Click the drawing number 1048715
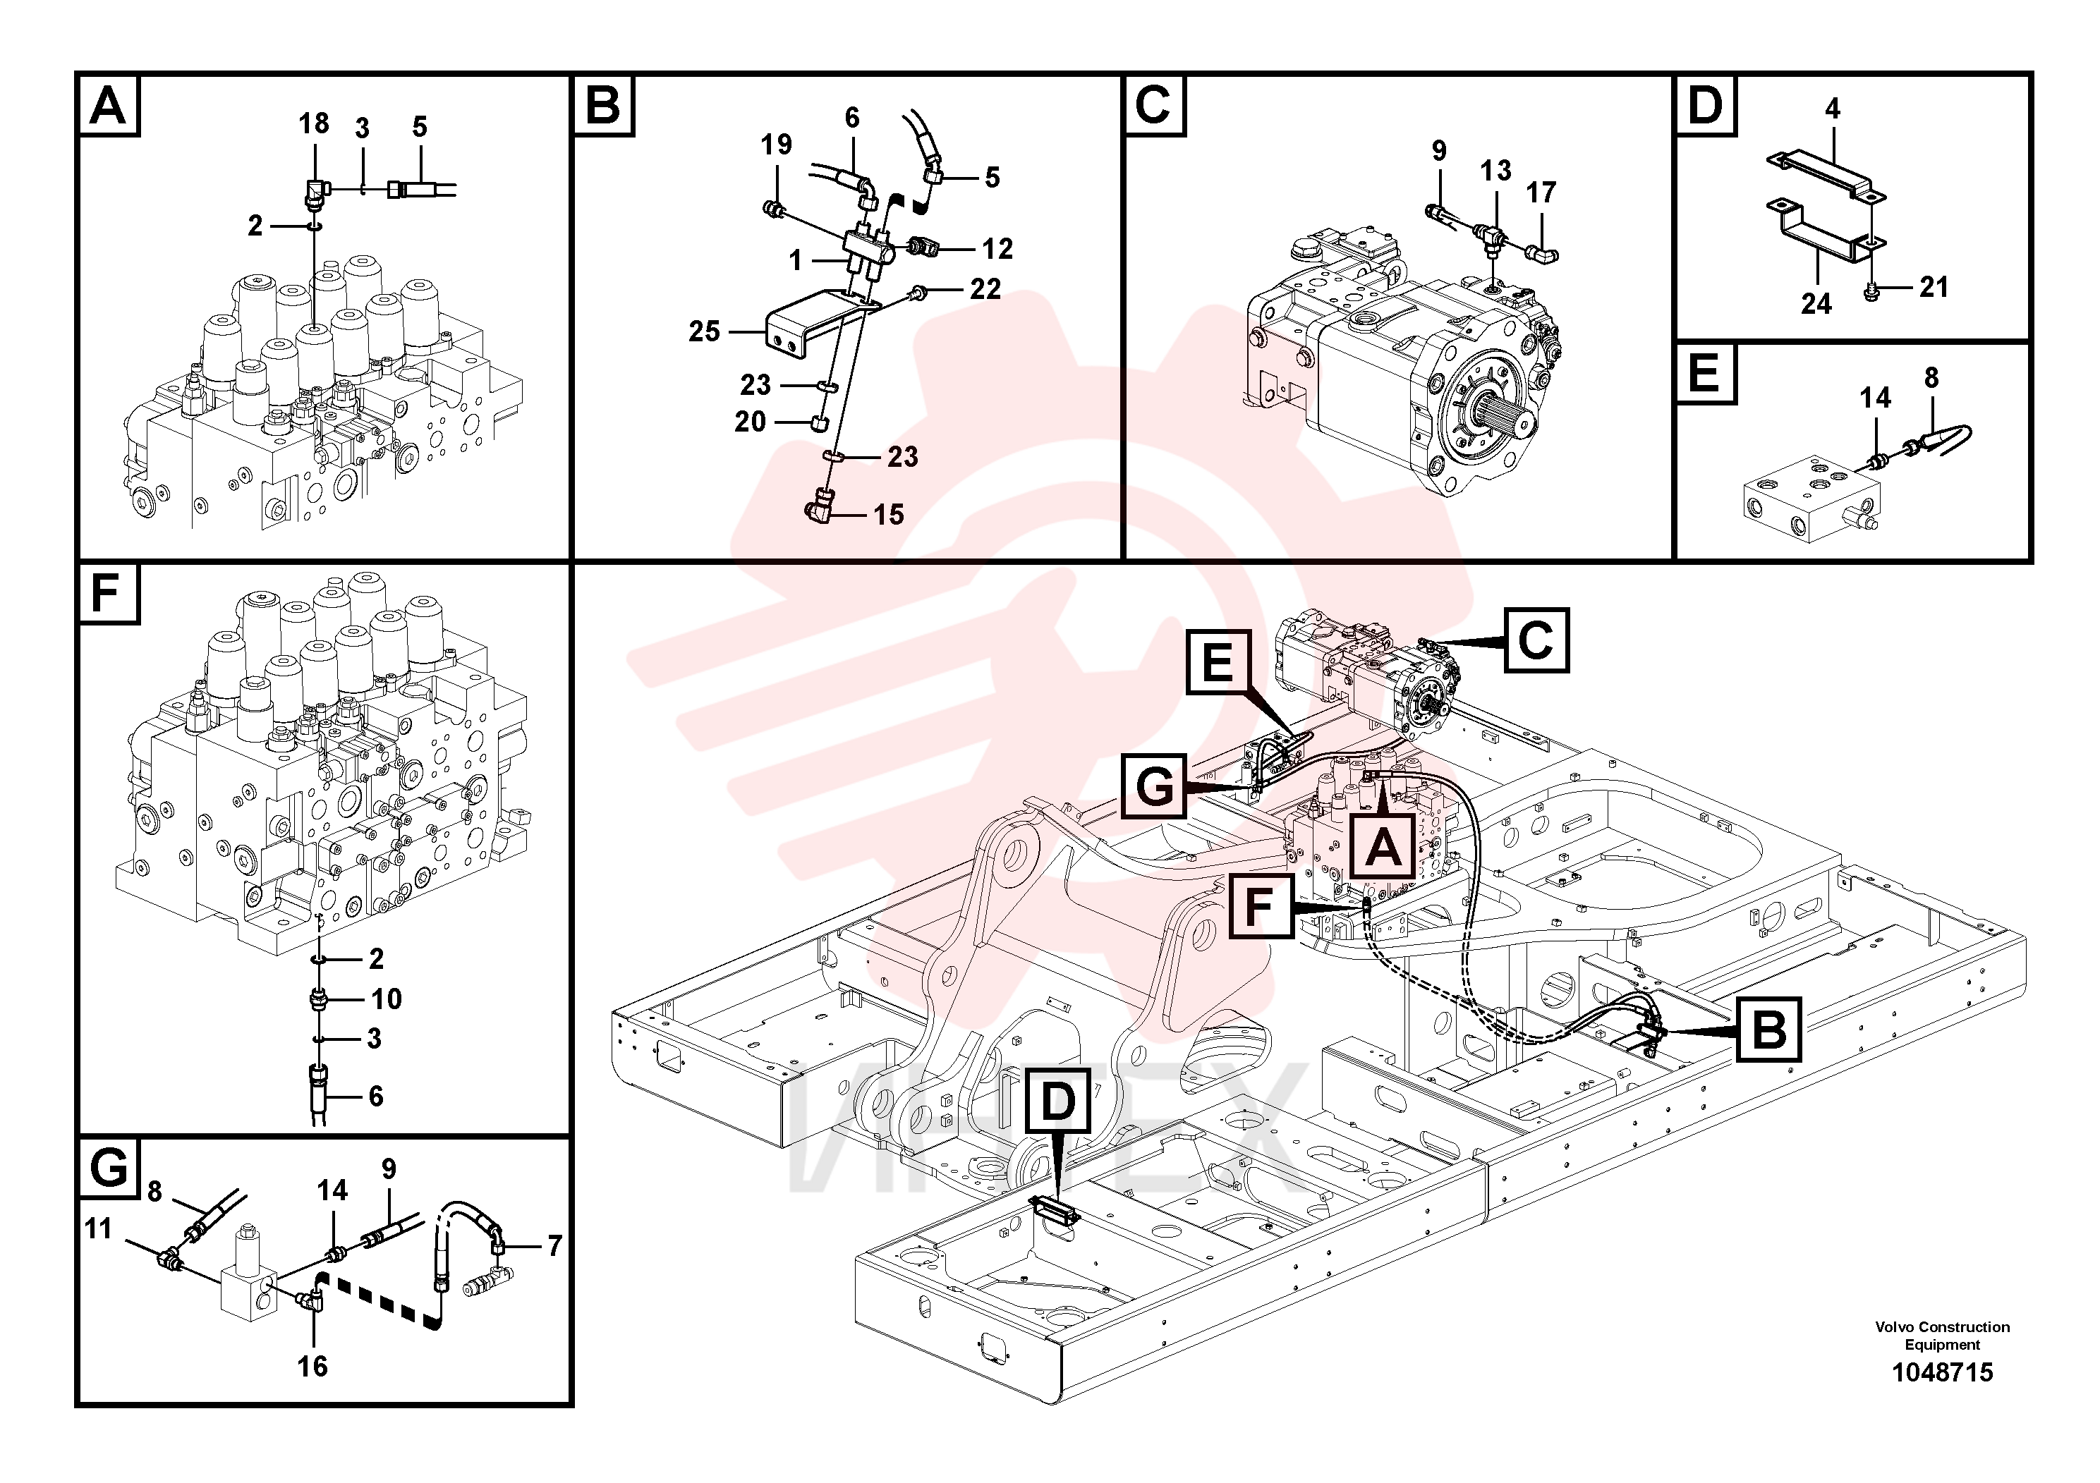(x=1942, y=1372)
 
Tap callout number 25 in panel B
(x=704, y=331)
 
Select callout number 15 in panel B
(x=888, y=515)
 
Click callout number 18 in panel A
(x=314, y=123)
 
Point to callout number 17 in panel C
(x=1541, y=193)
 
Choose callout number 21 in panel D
(x=1934, y=287)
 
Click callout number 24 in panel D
(x=1816, y=303)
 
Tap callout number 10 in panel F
(x=386, y=999)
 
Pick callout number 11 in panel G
(x=98, y=1229)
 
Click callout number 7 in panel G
(x=554, y=1245)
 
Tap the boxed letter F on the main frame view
(x=1261, y=907)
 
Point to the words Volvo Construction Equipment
(x=1942, y=1336)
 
